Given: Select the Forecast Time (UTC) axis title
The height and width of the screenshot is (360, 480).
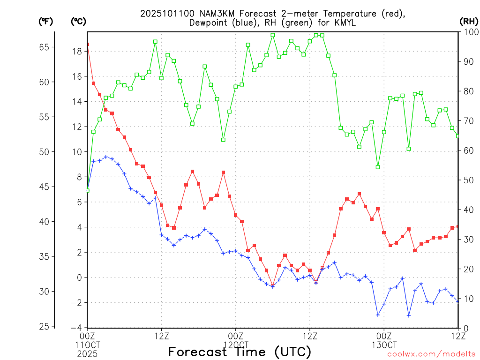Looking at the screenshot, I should [x=240, y=352].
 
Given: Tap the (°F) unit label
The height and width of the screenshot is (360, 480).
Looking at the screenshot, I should [x=45, y=21].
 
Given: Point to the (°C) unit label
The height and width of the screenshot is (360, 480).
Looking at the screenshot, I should [x=78, y=21].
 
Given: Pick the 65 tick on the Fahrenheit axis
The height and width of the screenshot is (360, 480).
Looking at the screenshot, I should [x=44, y=47].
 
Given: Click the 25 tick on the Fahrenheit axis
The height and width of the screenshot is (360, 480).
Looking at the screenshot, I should [x=44, y=327].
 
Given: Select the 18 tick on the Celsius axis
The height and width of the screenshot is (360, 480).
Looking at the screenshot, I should [x=77, y=51].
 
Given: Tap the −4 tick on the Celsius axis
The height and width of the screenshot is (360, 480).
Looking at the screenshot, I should [x=77, y=327].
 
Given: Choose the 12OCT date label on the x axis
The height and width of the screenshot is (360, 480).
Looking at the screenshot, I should [x=235, y=345].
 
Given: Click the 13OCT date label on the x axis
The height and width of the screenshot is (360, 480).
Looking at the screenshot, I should [x=384, y=345].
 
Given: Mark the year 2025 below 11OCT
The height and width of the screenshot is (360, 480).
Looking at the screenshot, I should [x=87, y=353].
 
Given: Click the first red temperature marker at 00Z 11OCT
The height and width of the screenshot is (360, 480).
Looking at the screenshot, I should [x=87, y=44].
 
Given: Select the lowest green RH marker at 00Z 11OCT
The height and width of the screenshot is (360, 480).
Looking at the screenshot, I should [x=87, y=190].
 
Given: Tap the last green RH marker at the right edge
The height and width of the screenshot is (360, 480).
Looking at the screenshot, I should [x=458, y=136].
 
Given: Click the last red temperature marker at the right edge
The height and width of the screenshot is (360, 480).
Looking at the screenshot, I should [x=458, y=226].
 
